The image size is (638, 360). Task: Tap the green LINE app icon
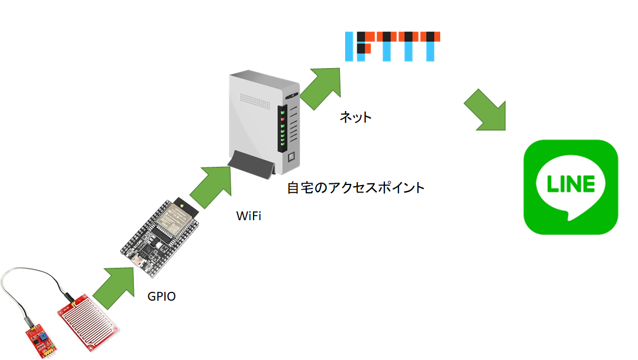[x=571, y=187]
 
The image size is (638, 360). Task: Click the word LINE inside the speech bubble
[x=571, y=184]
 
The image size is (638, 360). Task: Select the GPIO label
[x=161, y=297]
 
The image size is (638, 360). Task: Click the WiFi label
[x=248, y=216]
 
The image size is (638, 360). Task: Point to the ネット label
[x=356, y=117]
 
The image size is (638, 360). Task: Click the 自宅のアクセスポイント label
[x=356, y=189]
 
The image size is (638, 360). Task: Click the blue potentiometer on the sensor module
[x=44, y=335]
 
